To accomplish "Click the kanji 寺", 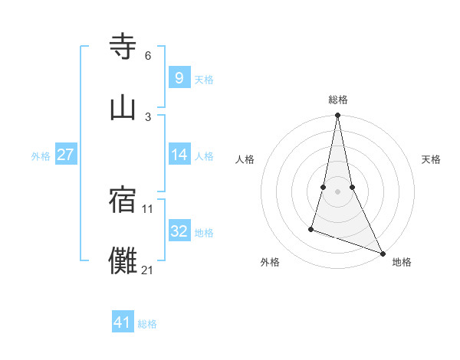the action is coord(123,47).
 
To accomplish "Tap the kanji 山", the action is coord(123,108).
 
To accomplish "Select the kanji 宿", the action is coord(123,201).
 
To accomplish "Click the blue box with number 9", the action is coord(179,77).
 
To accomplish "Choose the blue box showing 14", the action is coord(179,155).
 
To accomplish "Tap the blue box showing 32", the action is coord(179,231).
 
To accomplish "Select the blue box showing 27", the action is coord(65,155).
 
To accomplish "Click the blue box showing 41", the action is coord(123,322).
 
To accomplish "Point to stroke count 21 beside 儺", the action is coord(148,270).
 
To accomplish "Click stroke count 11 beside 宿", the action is coord(148,208).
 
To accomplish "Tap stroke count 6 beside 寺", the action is coord(148,55).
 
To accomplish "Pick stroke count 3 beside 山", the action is coord(148,116).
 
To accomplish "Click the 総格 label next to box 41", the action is coord(147,324).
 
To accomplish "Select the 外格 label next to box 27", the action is coord(41,156).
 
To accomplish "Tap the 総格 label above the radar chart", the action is coord(337,100).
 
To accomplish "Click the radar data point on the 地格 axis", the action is coord(382,252).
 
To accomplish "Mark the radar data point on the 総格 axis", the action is coord(337,116).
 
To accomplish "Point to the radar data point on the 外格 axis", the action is coord(311,228).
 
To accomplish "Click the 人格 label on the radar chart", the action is coord(245,159).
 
